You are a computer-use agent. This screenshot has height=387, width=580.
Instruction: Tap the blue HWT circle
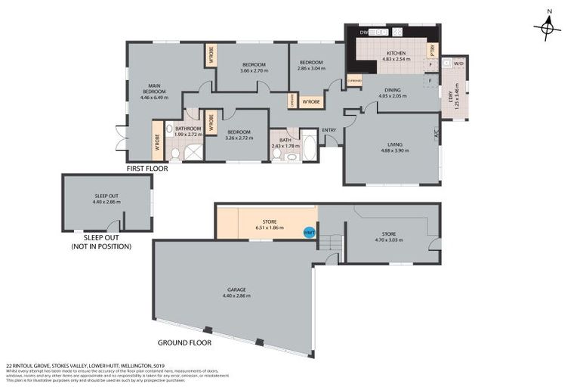tap(309, 233)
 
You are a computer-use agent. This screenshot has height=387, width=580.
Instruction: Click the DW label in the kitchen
tap(363, 33)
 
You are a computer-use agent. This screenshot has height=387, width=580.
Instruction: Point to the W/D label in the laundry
tap(458, 63)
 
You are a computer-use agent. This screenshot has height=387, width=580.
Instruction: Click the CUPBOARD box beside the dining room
tap(354, 80)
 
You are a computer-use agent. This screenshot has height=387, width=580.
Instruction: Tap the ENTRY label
tap(329, 130)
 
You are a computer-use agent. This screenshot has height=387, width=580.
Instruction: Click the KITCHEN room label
tap(396, 53)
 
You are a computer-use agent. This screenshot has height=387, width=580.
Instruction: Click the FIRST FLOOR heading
tap(147, 169)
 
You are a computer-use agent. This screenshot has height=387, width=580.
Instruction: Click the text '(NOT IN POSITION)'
tap(101, 246)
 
